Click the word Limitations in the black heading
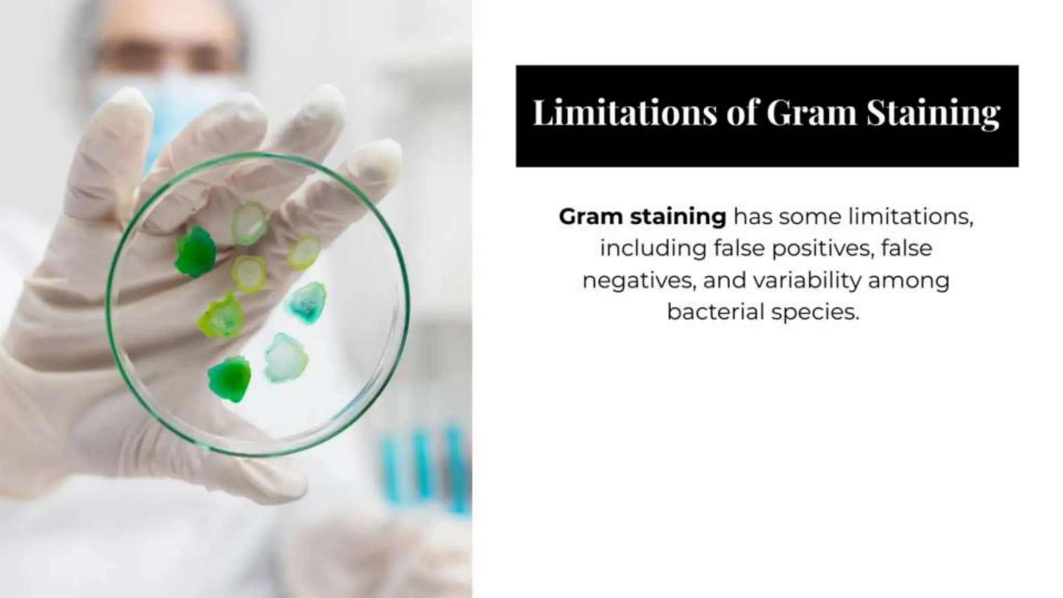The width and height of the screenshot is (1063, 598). tap(624, 113)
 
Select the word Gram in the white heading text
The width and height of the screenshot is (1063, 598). tap(811, 113)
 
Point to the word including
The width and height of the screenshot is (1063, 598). tap(652, 249)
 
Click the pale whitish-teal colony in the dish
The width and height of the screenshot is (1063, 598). tap(285, 358)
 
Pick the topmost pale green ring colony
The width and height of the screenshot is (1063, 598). tap(250, 223)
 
